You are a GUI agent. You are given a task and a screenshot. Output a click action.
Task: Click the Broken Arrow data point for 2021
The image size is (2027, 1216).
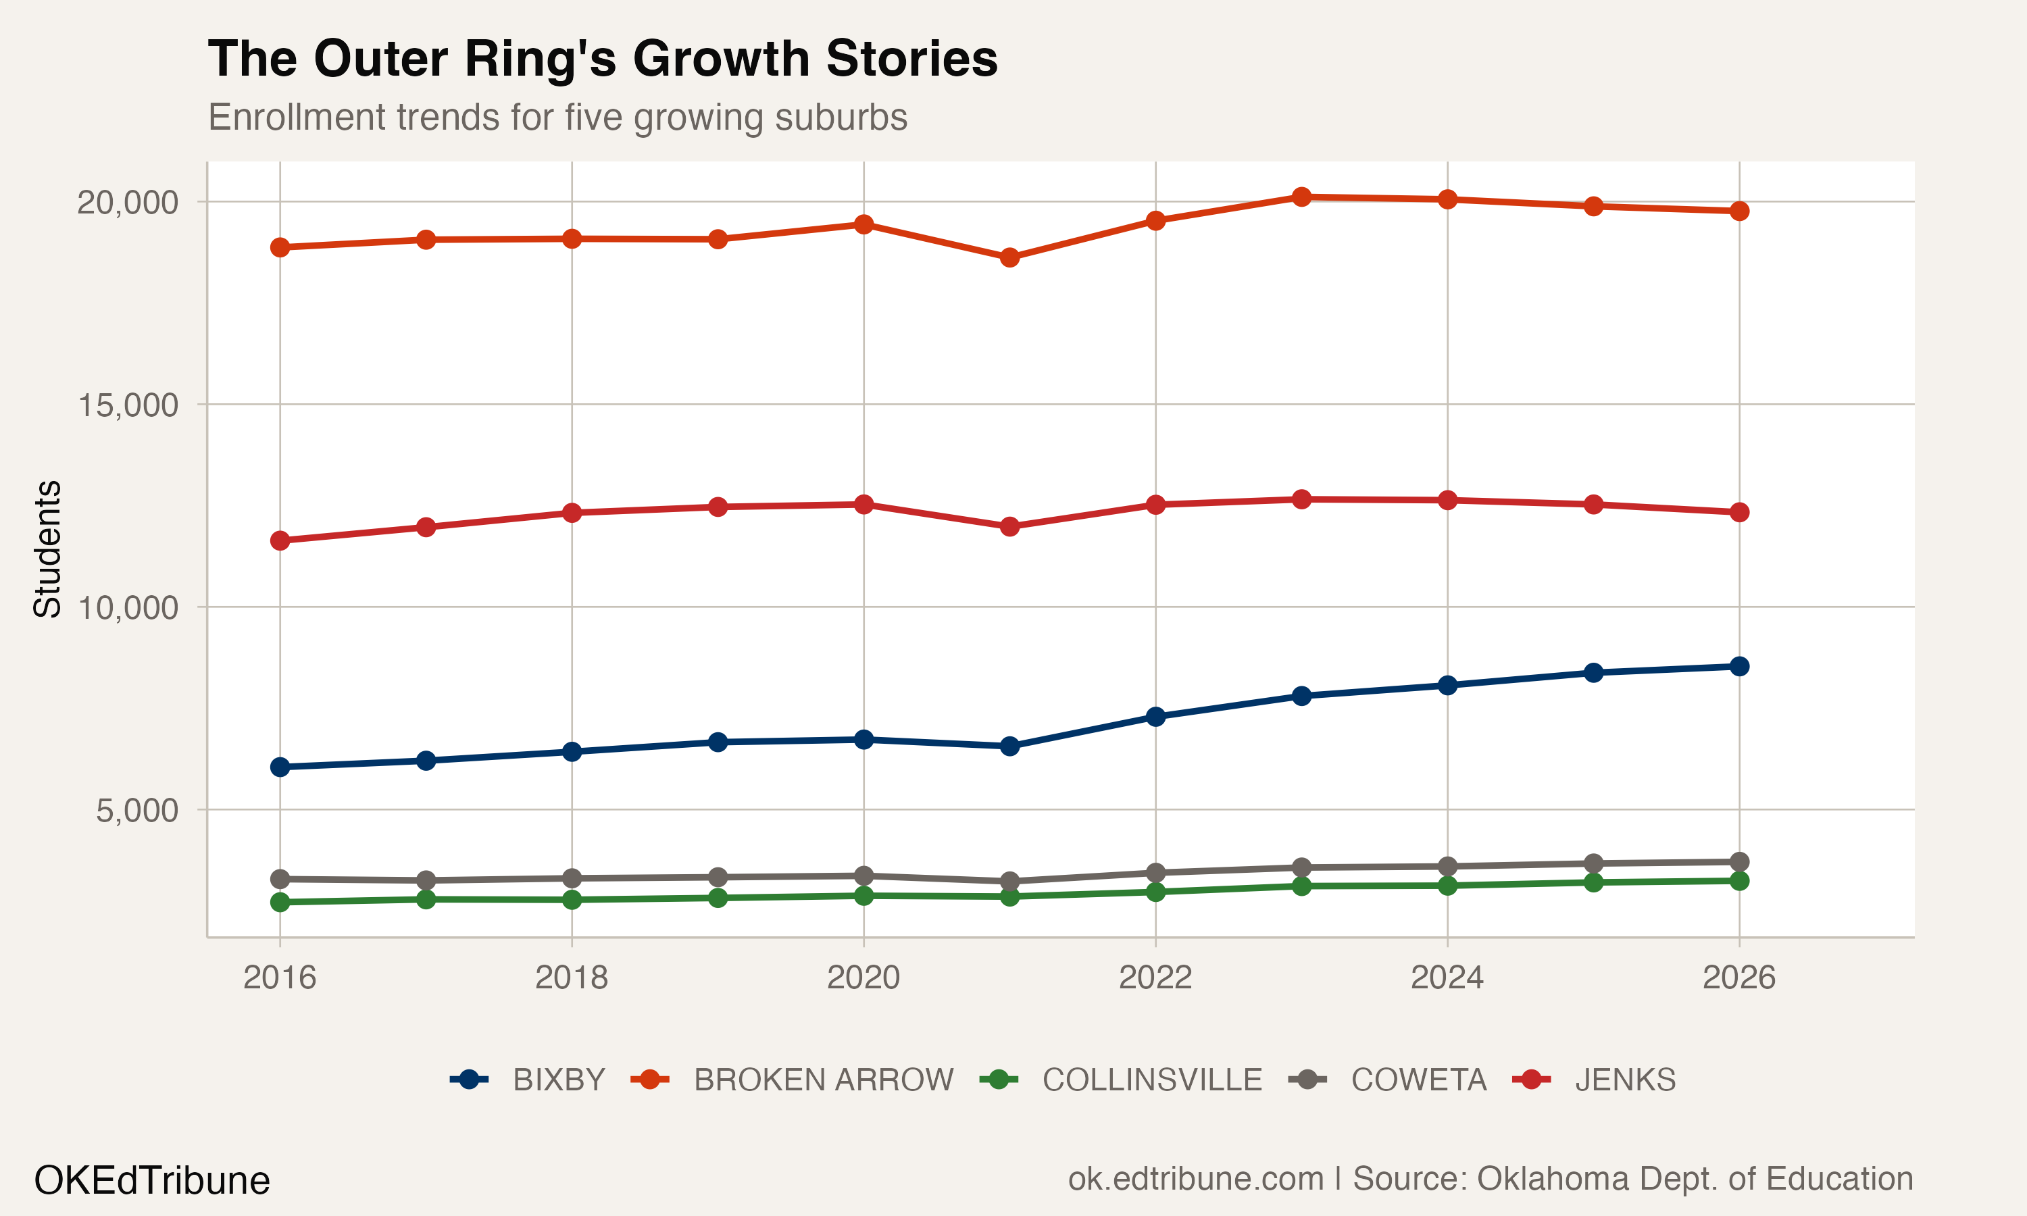[x=1009, y=257]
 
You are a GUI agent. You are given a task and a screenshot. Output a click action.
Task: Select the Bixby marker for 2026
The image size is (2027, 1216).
[x=1738, y=666]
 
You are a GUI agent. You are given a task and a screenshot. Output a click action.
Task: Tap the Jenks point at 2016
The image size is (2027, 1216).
[x=280, y=541]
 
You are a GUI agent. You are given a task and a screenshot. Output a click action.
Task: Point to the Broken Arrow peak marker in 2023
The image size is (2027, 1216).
[x=1301, y=197]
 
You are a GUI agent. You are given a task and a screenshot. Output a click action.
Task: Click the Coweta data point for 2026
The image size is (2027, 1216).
[x=1738, y=862]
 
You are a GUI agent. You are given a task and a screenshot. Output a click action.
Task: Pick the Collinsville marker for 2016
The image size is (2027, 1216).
[x=280, y=902]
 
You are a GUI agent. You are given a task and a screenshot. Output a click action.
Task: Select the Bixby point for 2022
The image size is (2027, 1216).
[x=1155, y=717]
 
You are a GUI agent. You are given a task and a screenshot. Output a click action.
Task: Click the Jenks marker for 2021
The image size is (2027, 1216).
[x=1009, y=526]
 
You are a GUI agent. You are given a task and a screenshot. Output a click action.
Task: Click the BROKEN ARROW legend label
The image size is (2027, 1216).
[x=822, y=1080]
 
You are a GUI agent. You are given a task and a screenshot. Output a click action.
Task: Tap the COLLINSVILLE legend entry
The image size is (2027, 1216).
[x=1151, y=1080]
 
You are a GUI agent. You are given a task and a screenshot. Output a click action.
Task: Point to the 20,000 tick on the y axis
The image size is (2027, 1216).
[x=127, y=203]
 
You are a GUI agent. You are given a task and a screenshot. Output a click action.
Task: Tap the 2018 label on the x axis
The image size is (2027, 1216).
[x=571, y=978]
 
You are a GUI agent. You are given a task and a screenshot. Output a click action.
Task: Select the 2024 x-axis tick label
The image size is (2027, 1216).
[x=1447, y=978]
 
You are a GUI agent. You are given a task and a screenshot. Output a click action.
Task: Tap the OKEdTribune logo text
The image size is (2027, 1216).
[x=151, y=1181]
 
